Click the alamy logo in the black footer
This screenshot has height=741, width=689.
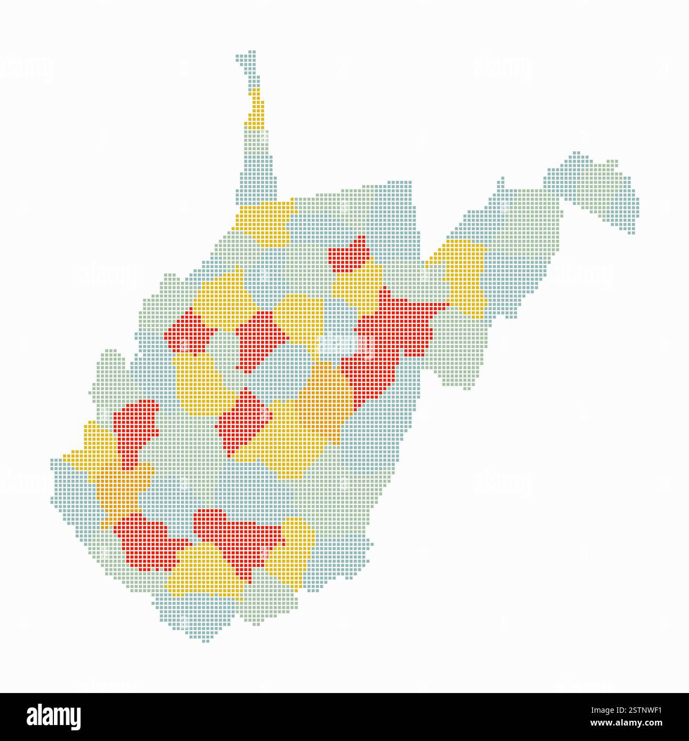click(53, 716)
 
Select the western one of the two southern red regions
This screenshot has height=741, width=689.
click(144, 541)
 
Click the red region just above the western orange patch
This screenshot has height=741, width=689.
click(133, 426)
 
